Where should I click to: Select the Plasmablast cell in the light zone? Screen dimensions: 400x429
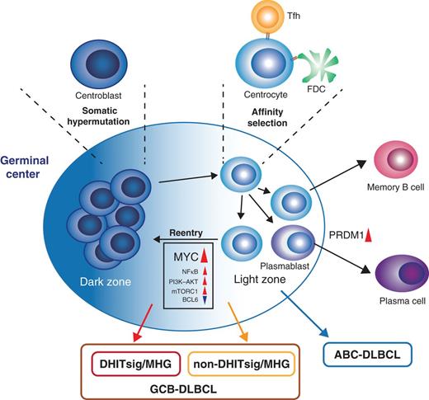285,245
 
